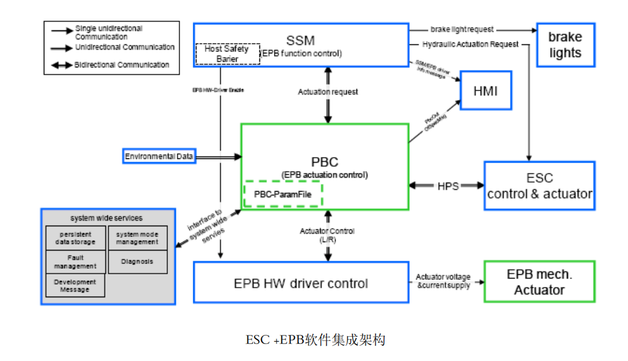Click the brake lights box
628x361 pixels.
(x=565, y=45)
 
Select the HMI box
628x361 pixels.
(x=486, y=90)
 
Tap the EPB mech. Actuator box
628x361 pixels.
(x=539, y=282)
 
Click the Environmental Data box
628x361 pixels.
(x=159, y=157)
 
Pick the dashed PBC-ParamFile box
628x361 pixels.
(x=283, y=194)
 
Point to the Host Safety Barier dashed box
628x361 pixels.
(x=227, y=54)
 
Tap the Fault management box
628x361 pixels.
(x=76, y=262)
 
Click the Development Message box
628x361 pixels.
(x=75, y=286)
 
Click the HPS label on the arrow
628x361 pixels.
(x=448, y=186)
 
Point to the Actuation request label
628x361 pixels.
(x=328, y=92)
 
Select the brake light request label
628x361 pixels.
(x=462, y=29)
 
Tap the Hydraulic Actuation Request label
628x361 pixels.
(x=470, y=44)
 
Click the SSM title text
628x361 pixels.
(x=301, y=41)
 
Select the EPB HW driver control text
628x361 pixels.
(x=301, y=283)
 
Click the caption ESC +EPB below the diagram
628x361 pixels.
(x=315, y=340)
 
